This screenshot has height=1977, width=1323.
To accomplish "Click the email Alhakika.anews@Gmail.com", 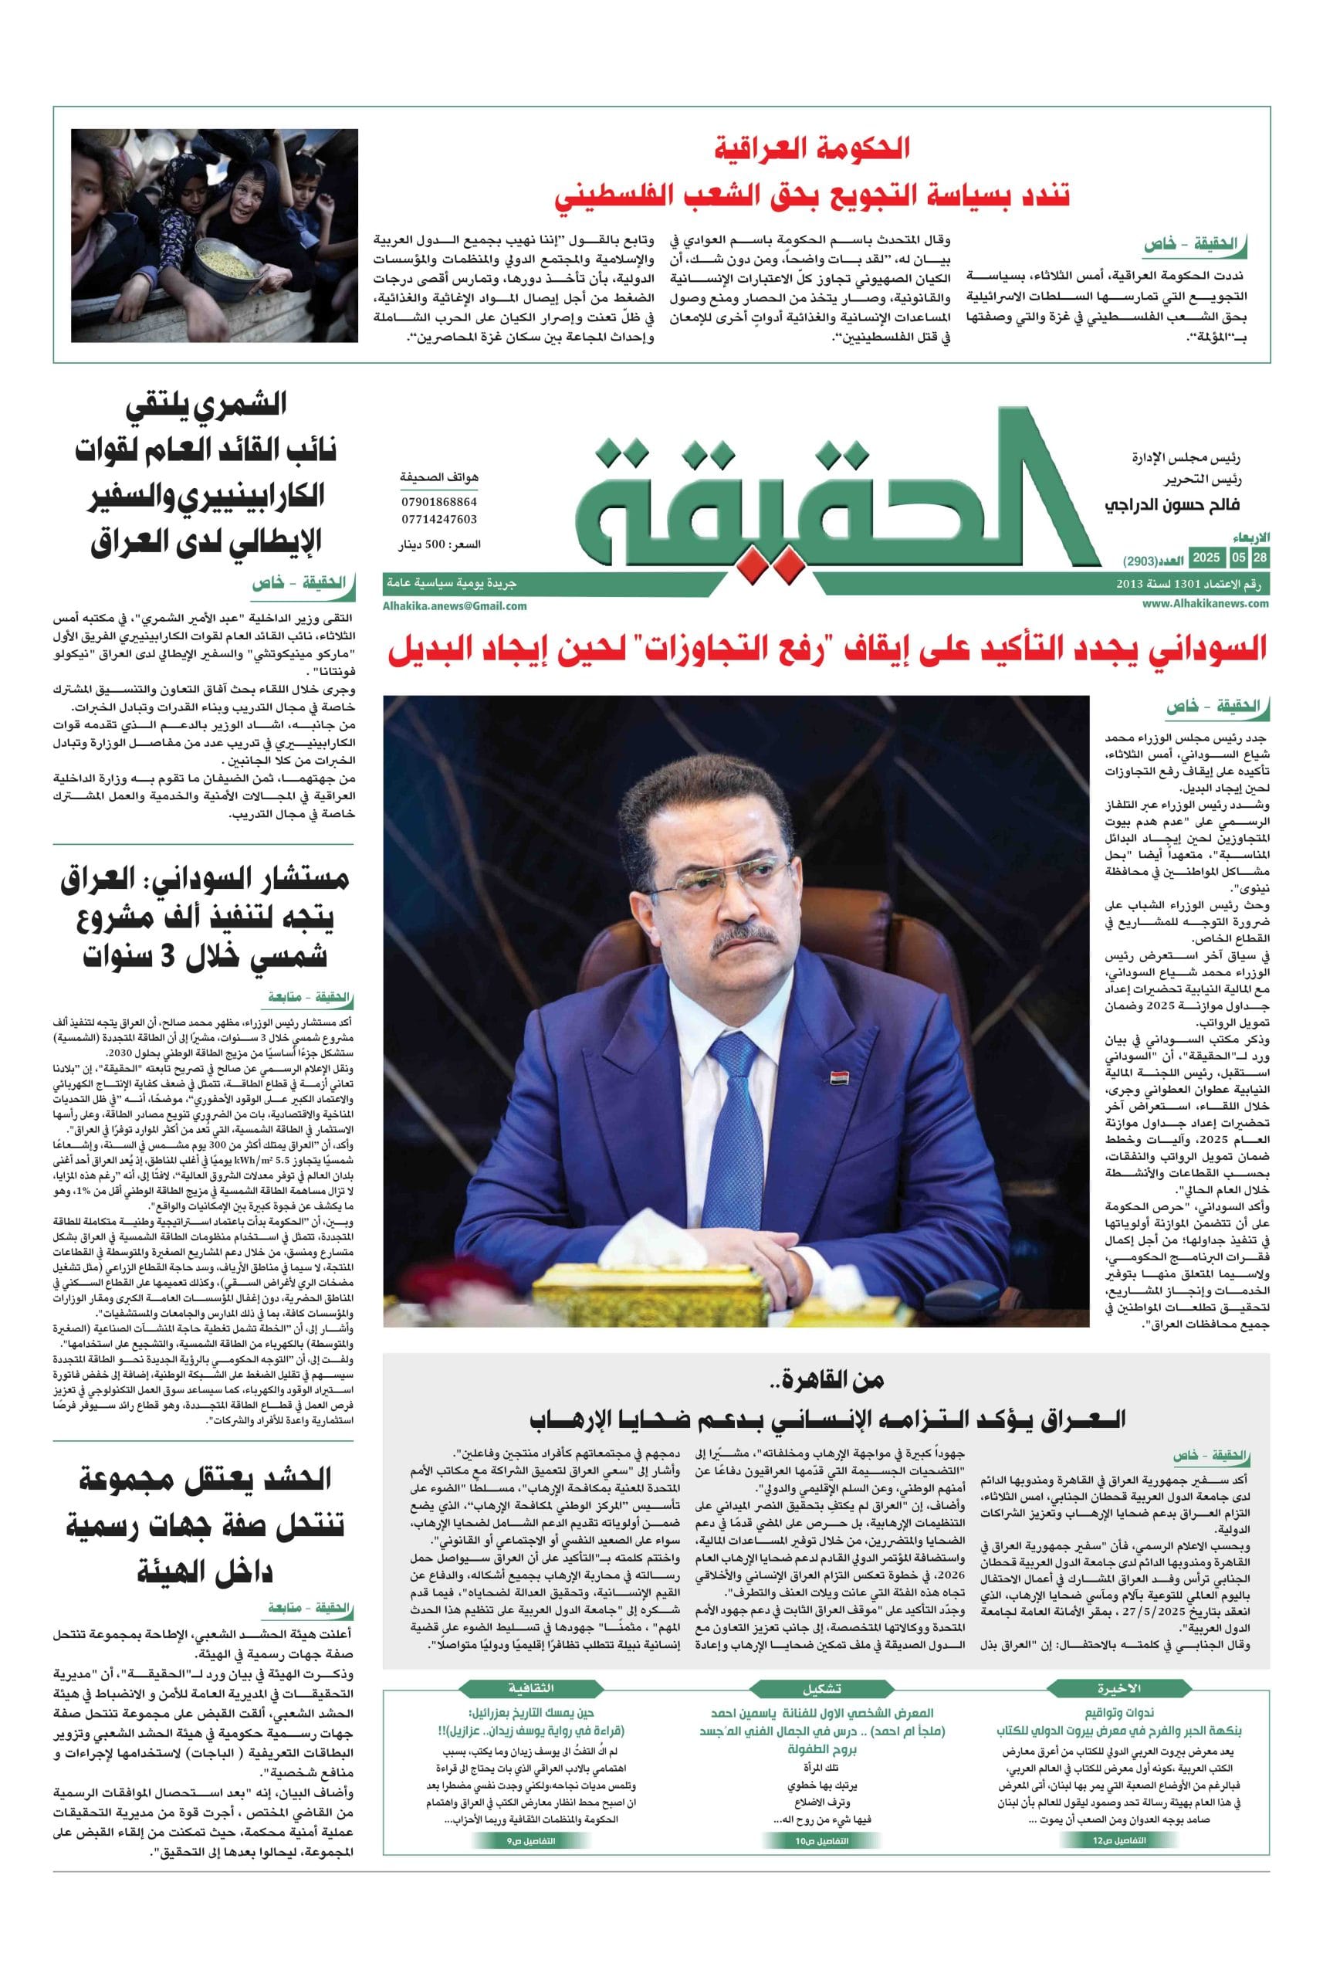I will (x=454, y=605).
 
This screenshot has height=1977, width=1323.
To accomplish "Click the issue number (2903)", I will (x=1143, y=561).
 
